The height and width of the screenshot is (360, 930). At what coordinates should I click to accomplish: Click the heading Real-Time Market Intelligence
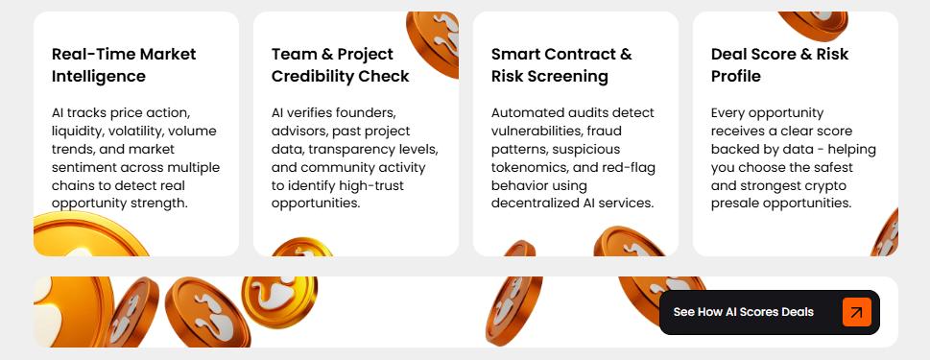[x=124, y=65]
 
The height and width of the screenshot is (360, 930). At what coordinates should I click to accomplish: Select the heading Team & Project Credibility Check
[x=341, y=65]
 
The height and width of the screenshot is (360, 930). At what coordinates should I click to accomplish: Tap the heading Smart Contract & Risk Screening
[x=561, y=65]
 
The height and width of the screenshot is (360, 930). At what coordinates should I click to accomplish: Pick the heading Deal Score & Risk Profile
[x=779, y=65]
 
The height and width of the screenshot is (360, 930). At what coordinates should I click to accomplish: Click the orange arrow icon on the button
[x=856, y=312]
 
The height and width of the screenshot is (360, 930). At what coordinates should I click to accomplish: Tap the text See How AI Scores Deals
[x=743, y=312]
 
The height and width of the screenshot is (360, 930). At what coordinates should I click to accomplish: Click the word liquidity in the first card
[x=75, y=132]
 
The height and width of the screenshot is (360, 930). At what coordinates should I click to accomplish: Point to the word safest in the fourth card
[x=833, y=167]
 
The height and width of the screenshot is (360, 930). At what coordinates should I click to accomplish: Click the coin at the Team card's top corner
[x=434, y=42]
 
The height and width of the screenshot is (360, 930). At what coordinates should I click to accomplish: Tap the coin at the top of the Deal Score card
[x=813, y=25]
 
